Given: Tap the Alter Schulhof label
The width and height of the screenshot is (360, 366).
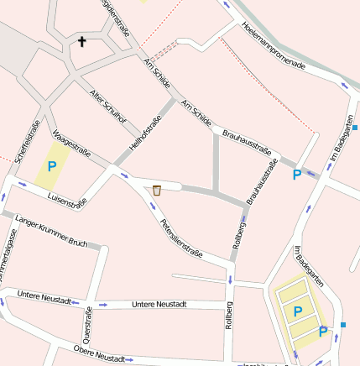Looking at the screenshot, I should tap(108, 107).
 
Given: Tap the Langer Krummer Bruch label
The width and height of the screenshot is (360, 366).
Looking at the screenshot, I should tap(51, 227).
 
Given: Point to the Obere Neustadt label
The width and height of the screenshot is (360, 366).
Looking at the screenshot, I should tap(100, 353).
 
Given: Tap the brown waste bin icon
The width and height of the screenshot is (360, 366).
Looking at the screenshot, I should tap(157, 191).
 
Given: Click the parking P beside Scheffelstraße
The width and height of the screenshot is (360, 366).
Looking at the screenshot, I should tap(51, 166).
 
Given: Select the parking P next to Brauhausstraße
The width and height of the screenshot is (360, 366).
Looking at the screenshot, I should tap(296, 175).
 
